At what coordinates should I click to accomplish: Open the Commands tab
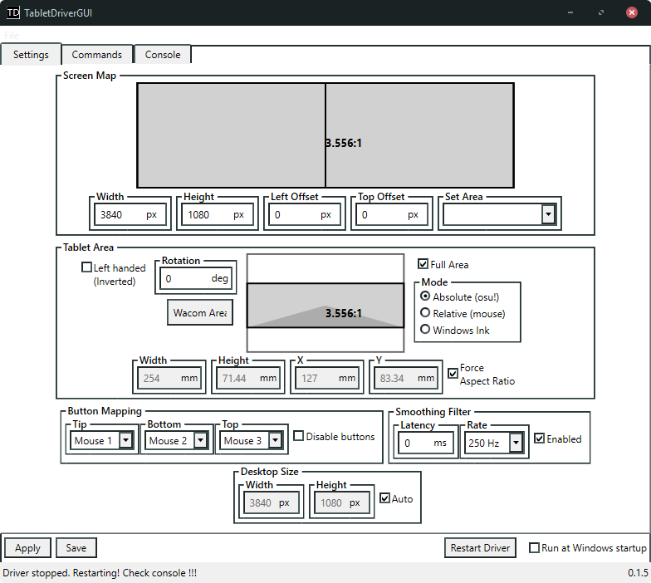97,55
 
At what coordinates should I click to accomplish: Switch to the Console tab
163,55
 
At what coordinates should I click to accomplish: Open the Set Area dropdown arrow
547,214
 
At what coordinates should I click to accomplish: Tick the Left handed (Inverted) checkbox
86,267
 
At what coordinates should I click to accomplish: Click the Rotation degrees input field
185,279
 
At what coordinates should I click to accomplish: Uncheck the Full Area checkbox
423,264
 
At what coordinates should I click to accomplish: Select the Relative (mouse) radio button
426,313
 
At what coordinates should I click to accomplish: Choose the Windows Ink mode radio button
426,330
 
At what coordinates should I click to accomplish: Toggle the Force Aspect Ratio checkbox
453,374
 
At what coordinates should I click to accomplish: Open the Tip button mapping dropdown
126,441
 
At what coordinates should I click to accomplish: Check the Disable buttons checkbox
299,436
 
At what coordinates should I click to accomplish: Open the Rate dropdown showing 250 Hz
516,443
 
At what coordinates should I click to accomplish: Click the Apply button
27,548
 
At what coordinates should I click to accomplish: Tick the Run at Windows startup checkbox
535,548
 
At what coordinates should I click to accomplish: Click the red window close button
631,12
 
